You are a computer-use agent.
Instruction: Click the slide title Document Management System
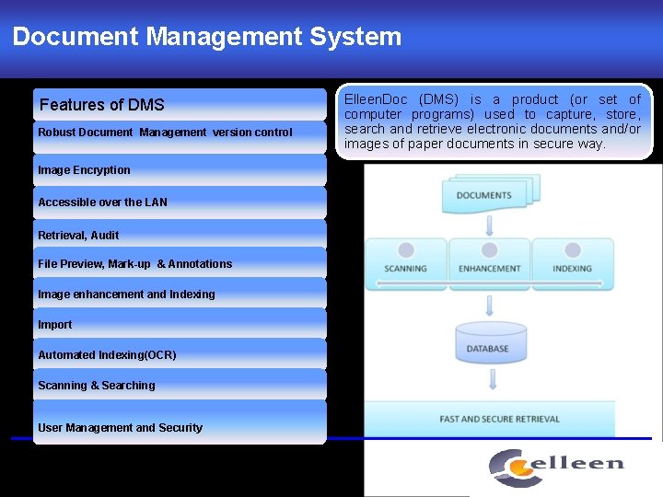207,37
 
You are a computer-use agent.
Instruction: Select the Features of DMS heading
102,105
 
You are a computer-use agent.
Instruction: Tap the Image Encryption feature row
85,170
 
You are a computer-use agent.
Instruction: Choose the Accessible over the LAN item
103,202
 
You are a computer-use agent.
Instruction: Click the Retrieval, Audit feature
78,236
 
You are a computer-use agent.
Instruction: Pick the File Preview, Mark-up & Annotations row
135,264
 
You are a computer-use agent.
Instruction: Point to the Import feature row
55,325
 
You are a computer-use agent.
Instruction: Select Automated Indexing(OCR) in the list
107,355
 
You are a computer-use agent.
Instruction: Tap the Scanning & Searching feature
97,386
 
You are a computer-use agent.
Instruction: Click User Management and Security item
121,428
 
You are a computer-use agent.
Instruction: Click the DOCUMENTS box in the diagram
485,194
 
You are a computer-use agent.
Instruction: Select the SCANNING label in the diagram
406,269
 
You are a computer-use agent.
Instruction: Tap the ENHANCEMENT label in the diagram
490,269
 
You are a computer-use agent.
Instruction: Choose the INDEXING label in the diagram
573,269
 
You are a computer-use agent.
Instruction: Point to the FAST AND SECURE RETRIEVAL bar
500,419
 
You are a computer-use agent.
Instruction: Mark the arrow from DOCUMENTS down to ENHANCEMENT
489,225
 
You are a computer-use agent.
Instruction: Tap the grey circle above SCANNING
406,249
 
